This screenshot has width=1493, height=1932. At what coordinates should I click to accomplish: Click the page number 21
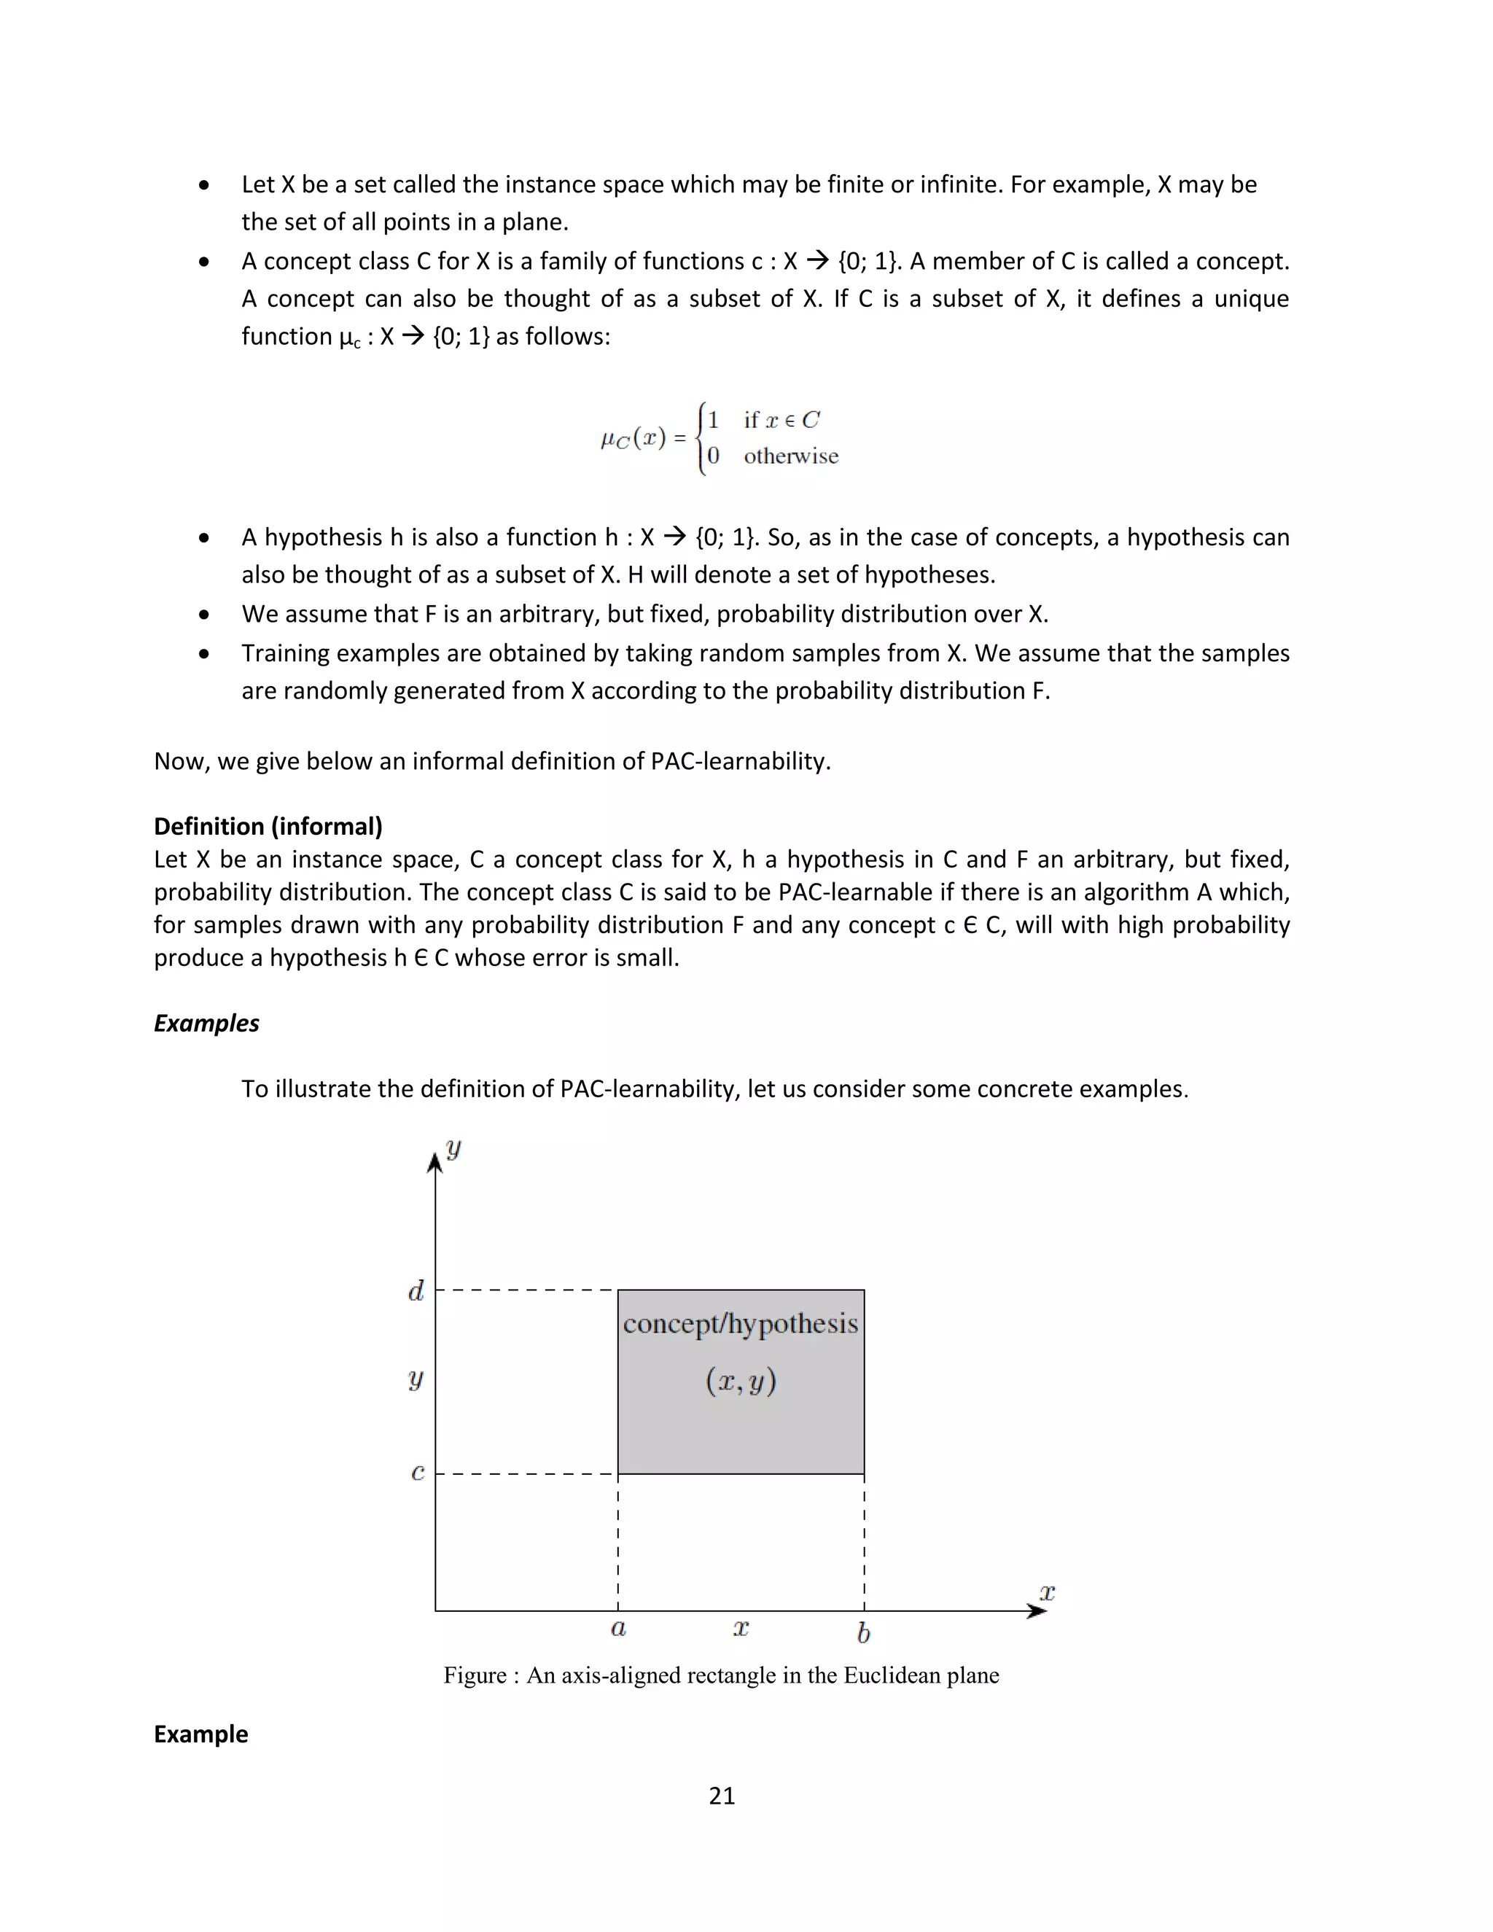coord(722,1795)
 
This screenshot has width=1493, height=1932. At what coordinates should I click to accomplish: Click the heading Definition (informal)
coord(268,826)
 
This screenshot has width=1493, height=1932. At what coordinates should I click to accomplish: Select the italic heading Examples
coord(206,1024)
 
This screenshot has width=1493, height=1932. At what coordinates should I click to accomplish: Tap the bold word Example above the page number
coord(200,1734)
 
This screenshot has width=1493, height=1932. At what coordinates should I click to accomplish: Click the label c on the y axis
coord(418,1472)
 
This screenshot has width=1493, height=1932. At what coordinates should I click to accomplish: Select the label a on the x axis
coord(618,1629)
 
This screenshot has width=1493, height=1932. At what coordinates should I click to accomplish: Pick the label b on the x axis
coord(863,1632)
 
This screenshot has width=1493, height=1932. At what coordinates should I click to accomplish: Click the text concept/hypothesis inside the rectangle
coord(741,1324)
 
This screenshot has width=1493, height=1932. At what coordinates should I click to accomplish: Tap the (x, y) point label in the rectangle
coord(741,1381)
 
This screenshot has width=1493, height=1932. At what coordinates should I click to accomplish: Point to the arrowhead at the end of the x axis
coord(1037,1611)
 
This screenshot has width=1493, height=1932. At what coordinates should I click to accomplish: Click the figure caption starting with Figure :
coord(721,1675)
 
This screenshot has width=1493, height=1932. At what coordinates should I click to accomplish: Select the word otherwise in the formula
coord(791,456)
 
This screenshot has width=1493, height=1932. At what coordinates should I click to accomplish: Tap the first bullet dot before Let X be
coord(204,185)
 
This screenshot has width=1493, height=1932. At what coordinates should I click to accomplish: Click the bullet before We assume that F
coord(204,614)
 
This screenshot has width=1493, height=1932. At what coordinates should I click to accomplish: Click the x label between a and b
coord(741,1629)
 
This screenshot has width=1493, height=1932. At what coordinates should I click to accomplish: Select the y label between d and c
coord(416,1378)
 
